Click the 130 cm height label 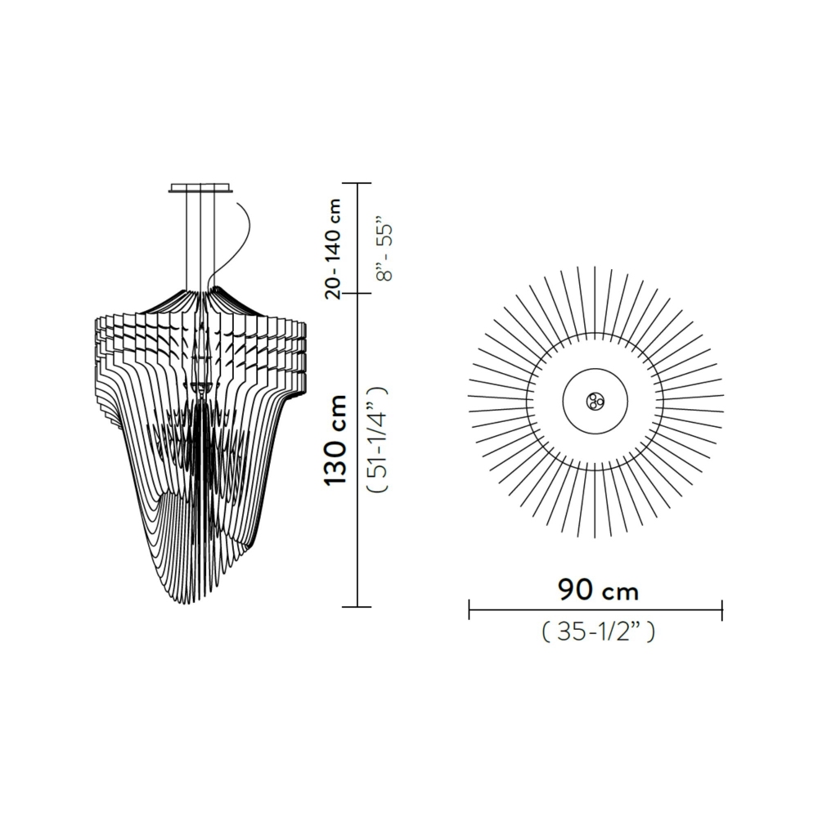click(x=336, y=439)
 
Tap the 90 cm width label click(x=598, y=589)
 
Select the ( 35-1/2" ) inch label click(x=598, y=631)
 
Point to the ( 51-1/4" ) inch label click(x=378, y=439)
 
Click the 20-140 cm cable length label click(x=334, y=247)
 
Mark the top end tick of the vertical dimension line click(x=357, y=183)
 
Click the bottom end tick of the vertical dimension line click(x=357, y=607)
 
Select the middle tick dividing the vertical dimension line click(x=357, y=293)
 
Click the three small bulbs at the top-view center click(x=595, y=401)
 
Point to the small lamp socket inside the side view click(x=203, y=386)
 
